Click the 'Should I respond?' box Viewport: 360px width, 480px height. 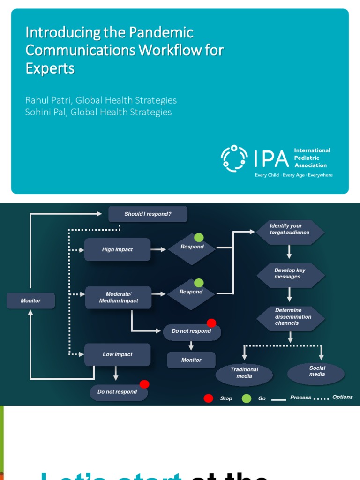point(148,214)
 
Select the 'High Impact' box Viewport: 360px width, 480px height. point(117,249)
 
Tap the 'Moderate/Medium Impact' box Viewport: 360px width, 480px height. point(118,298)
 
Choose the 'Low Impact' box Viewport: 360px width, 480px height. point(117,354)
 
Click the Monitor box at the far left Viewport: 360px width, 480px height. point(30,300)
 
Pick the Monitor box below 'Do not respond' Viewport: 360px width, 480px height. point(191,360)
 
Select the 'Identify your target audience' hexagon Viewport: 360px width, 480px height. point(289,229)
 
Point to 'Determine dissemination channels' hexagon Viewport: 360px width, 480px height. point(290,316)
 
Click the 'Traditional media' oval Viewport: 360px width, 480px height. point(244,373)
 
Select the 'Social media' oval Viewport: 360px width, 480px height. point(317,371)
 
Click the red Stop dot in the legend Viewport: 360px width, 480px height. point(208,398)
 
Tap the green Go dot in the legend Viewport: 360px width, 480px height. point(247,398)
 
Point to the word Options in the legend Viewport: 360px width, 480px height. point(342,397)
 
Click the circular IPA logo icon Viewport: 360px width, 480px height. point(234,158)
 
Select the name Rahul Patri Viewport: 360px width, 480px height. point(47,100)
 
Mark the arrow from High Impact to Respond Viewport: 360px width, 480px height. point(159,249)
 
